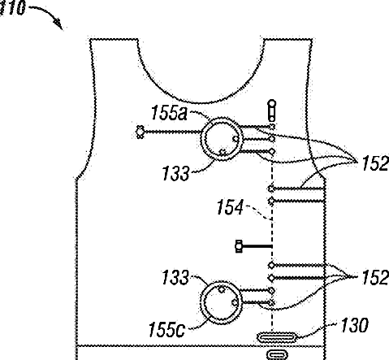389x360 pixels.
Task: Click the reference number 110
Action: [x=12, y=7]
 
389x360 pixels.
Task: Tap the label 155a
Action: [x=169, y=112]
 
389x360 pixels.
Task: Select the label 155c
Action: [x=166, y=329]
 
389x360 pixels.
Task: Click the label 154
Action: [x=230, y=207]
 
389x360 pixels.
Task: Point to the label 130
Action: [x=355, y=325]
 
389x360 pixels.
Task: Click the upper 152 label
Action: [x=376, y=163]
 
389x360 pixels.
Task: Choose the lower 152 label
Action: [x=376, y=277]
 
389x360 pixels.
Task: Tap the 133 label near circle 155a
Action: [x=175, y=173]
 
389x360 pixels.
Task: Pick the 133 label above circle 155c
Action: [x=175, y=277]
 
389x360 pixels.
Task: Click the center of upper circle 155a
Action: [x=222, y=139]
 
